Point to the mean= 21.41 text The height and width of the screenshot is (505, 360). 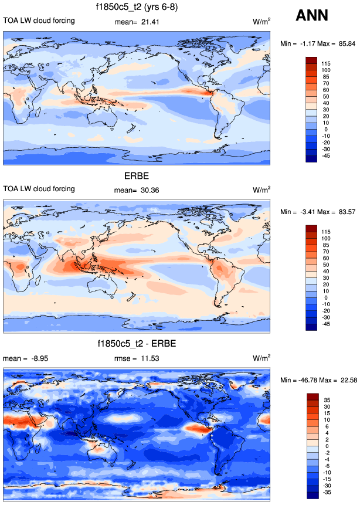pyautogui.click(x=135, y=22)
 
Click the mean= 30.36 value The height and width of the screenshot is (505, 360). pyautogui.click(x=135, y=189)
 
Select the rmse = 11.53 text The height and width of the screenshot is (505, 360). pyautogui.click(x=135, y=358)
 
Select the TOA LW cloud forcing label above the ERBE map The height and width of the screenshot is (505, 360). pyautogui.click(x=39, y=188)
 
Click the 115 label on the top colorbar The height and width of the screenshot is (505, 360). pyautogui.click(x=325, y=63)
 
